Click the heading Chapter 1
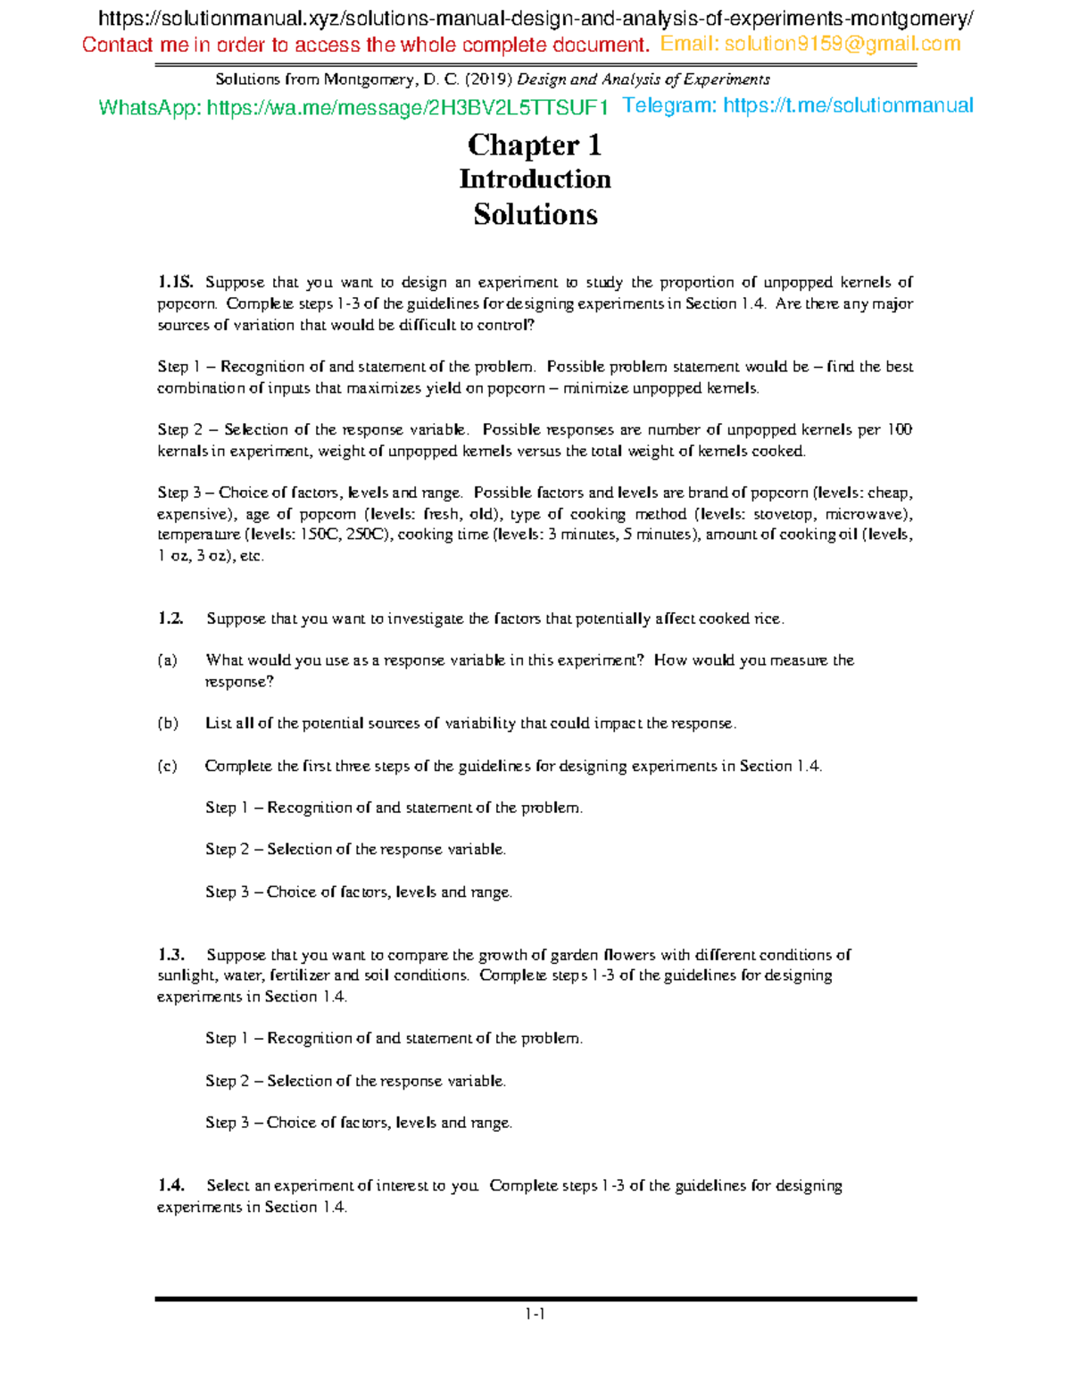[535, 145]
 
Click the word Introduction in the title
[535, 179]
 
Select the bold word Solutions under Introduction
[535, 214]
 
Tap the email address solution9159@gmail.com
[843, 45]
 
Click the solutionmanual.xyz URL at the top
[535, 19]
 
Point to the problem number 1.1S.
[175, 283]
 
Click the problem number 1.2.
[170, 618]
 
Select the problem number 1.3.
[170, 954]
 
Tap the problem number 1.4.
[170, 1185]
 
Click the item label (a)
[167, 660]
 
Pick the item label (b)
[168, 723]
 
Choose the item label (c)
[167, 766]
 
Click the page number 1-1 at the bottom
[535, 1314]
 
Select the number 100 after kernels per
[900, 430]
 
